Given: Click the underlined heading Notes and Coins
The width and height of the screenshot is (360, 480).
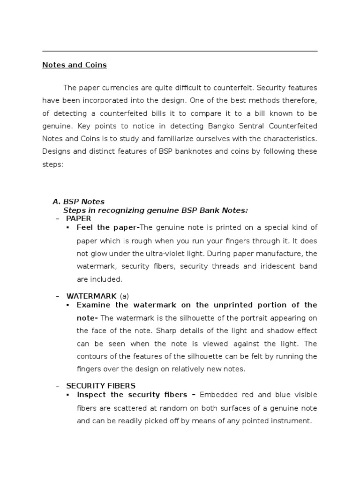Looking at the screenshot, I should click(x=75, y=65).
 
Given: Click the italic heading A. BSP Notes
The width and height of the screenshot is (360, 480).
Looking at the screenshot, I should click(x=79, y=202).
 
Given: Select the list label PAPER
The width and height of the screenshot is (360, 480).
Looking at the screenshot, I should click(x=79, y=218).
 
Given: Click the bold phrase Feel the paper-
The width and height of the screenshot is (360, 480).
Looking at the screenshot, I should click(x=108, y=227).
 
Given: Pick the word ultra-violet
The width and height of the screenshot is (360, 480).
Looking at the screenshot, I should click(x=166, y=253).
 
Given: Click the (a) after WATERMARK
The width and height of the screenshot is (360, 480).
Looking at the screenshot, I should click(x=124, y=296).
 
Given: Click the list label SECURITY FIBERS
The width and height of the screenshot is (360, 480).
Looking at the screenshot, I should click(x=101, y=386).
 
